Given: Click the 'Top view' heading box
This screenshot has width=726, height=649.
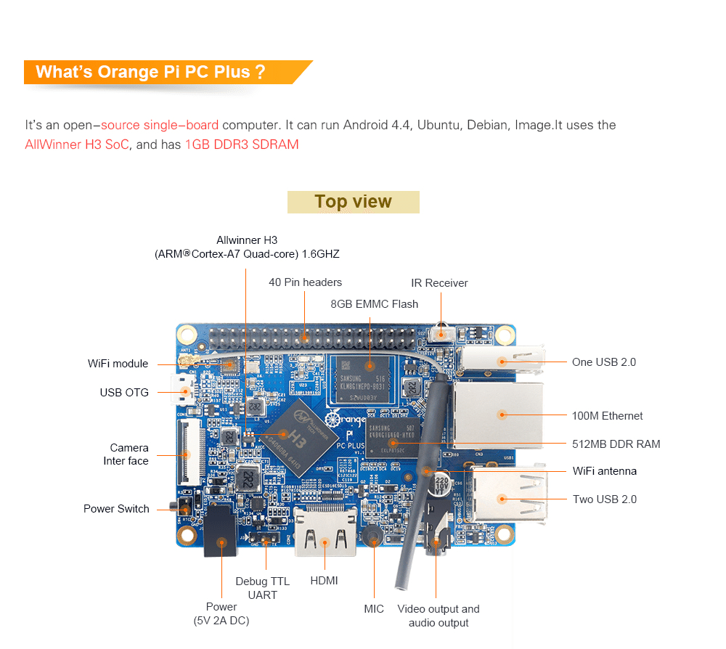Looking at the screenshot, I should tap(353, 202).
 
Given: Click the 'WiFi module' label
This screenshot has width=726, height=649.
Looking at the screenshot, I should tap(118, 364).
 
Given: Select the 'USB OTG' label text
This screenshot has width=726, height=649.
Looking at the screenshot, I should tap(124, 393).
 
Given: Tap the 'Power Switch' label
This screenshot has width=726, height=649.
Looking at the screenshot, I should tap(116, 509).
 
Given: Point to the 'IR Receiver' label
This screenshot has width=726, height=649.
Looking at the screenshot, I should tap(439, 283).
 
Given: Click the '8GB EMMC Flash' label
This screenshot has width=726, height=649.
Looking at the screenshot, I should tap(374, 304).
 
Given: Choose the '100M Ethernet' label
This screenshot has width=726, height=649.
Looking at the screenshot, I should tap(607, 416).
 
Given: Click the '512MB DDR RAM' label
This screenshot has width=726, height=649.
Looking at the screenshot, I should tap(616, 444).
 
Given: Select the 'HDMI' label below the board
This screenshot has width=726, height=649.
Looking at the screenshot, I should tap(324, 581).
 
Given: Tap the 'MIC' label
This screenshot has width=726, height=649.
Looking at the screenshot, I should tap(374, 609).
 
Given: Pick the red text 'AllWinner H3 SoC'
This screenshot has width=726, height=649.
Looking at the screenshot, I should tap(77, 144).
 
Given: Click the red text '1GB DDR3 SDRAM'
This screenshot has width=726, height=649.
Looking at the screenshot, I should tap(242, 144).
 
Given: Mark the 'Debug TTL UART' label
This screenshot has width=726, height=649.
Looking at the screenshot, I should tap(262, 588).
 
